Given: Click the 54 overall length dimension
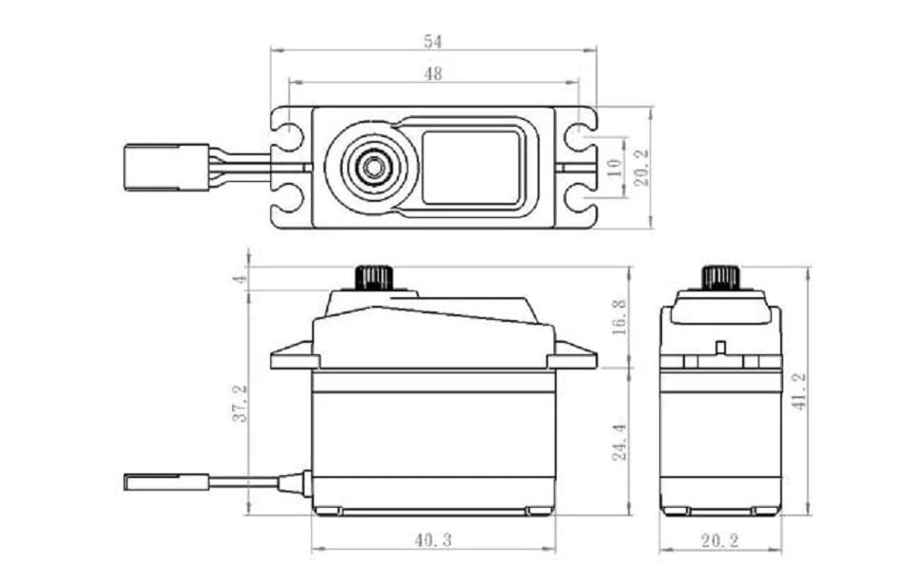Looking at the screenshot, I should (x=433, y=42).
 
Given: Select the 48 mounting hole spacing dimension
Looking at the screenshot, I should (x=433, y=73).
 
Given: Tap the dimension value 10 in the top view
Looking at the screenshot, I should (x=614, y=169).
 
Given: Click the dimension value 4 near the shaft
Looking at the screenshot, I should (x=241, y=279).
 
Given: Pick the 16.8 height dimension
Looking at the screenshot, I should (x=618, y=316).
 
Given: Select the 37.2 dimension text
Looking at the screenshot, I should (x=241, y=403).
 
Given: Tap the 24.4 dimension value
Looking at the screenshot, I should (x=618, y=443).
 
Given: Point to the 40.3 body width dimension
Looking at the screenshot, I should (x=433, y=540).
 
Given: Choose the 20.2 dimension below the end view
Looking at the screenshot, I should (x=720, y=540).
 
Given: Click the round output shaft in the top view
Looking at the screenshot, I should (x=371, y=167).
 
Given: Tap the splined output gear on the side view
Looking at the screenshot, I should (x=375, y=277).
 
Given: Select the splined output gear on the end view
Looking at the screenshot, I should (x=720, y=277).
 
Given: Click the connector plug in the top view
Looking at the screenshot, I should (x=167, y=167).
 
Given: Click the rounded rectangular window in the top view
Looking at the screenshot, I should (x=471, y=167).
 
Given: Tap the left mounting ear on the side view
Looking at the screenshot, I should (x=292, y=357).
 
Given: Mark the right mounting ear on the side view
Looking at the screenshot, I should (x=574, y=357).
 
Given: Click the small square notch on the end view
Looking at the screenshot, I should (x=720, y=346).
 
